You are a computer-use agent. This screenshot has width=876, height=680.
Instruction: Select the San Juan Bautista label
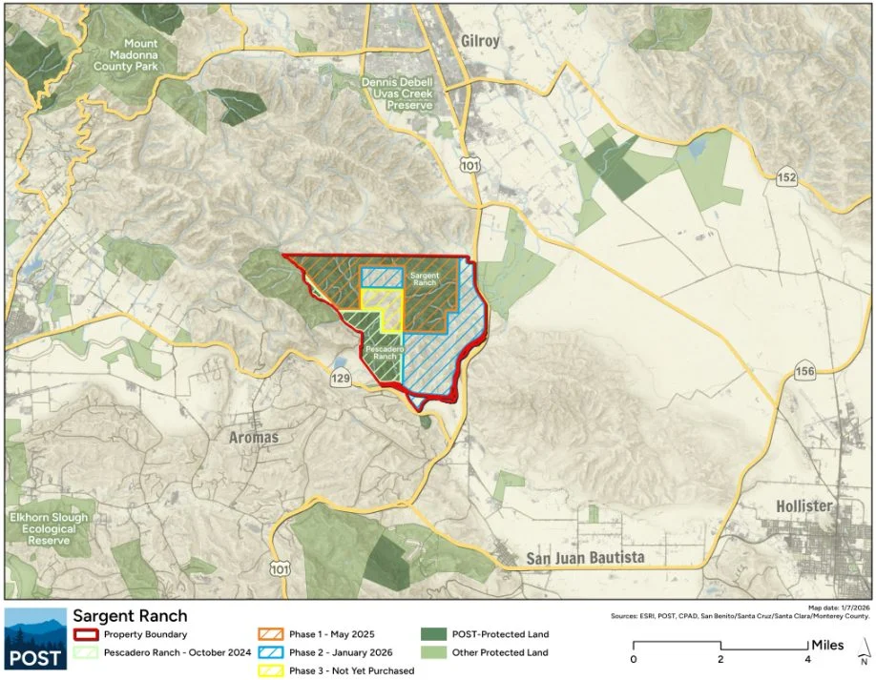click(586, 557)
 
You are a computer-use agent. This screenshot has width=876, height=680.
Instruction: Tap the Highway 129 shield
click(341, 379)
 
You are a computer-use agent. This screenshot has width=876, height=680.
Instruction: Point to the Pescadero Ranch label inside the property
click(381, 354)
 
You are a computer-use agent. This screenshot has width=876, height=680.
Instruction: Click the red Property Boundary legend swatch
click(85, 634)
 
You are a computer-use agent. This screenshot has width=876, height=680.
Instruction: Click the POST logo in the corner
click(35, 639)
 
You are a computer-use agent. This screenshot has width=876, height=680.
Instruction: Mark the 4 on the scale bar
click(808, 659)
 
